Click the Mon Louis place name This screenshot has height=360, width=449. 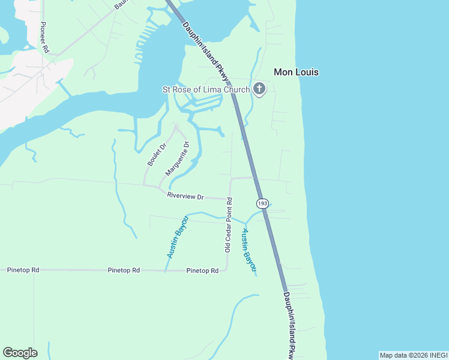click(296, 72)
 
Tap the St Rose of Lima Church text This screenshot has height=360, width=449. click(206, 90)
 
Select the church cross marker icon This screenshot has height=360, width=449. click(259, 89)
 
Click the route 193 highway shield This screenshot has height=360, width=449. click(262, 203)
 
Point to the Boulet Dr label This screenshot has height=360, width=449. click(156, 154)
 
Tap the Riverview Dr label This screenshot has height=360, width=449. click(185, 197)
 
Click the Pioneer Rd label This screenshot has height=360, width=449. click(44, 37)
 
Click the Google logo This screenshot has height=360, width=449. click(20, 353)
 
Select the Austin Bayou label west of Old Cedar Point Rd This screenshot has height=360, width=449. click(177, 238)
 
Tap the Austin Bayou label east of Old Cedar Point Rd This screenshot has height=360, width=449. click(249, 249)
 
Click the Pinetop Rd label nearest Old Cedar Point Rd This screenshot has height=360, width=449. click(202, 271)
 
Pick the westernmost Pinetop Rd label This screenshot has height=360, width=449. click(23, 271)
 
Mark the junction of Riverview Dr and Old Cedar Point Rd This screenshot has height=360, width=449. click(229, 199)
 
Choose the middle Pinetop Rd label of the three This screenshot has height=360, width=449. click(124, 271)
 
